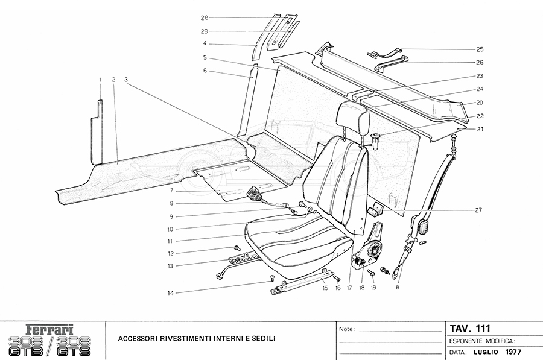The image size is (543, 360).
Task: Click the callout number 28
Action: (205, 17)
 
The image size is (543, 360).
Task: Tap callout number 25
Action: (480, 49)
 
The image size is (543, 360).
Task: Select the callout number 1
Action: (100, 79)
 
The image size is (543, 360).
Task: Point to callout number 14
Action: (171, 293)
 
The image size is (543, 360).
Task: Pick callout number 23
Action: (480, 76)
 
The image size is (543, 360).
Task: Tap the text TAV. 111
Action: (471, 329)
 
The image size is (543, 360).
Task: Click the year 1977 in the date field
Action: (515, 352)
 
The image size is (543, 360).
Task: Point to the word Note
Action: (346, 330)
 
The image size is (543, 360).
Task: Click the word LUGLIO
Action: (485, 352)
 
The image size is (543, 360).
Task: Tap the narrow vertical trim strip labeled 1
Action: (97, 133)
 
